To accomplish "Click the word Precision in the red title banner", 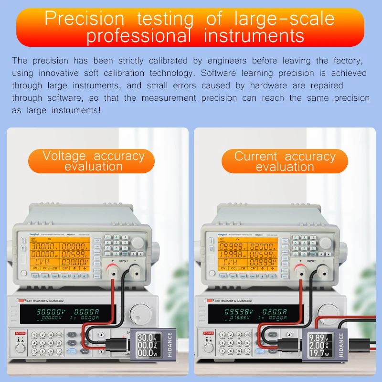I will [84, 19].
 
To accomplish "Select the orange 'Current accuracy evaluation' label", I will [285, 161].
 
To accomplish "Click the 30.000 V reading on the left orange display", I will [44, 247].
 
